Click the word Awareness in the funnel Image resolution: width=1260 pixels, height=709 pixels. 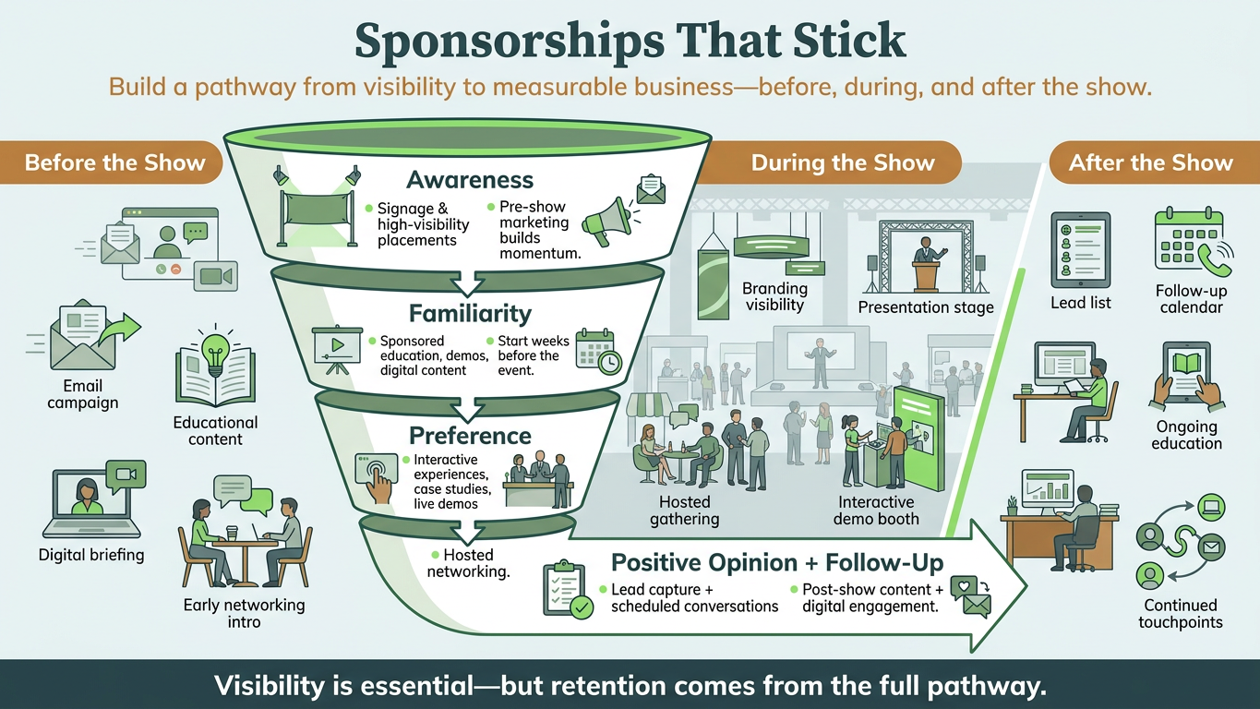pos(470,180)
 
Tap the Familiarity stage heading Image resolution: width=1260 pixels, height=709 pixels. pos(470,314)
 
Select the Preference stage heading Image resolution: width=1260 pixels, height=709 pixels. pos(470,436)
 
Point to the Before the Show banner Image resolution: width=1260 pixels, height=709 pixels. pos(112,162)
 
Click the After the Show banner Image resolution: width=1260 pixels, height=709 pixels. pos(1154,162)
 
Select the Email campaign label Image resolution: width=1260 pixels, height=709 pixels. pos(83,394)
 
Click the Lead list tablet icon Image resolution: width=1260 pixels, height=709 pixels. pos(1081,250)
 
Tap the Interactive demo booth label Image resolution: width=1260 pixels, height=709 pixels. pos(876,510)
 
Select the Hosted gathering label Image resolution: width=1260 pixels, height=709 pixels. pos(685,510)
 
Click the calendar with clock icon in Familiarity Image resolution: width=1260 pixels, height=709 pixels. pos(599,351)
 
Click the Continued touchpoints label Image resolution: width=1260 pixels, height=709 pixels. pos(1180,613)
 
